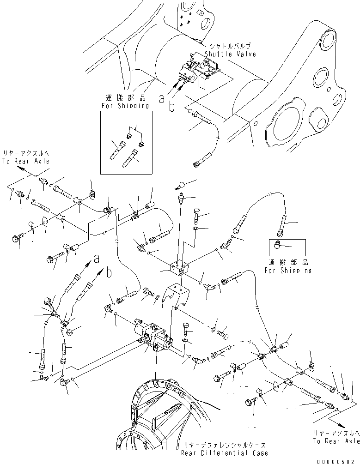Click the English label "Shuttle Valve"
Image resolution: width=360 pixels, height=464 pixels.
point(232,54)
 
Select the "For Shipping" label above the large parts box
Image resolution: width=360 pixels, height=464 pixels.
point(126,105)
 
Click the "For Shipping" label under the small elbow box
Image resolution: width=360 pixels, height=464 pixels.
point(288,270)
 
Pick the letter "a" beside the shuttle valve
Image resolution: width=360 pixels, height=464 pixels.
point(161,98)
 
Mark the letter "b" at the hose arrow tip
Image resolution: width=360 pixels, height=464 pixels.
point(109,273)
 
